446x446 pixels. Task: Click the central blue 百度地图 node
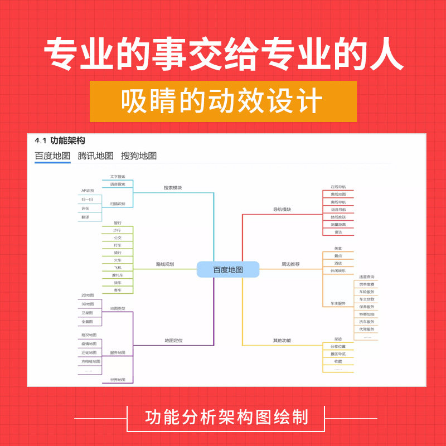[x=228, y=270]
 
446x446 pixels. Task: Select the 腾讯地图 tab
[x=95, y=156]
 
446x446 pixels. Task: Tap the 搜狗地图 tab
[x=139, y=156]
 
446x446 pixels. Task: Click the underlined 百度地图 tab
[x=52, y=156]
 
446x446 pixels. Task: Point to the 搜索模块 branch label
[x=173, y=188]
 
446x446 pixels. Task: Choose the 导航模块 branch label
[x=282, y=210]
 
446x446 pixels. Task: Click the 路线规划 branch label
[x=165, y=264]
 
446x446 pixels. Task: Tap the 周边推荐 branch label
[x=290, y=264]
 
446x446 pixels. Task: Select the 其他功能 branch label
[x=282, y=340]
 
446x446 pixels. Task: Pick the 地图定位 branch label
[x=173, y=340]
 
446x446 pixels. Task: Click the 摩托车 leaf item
[x=117, y=275]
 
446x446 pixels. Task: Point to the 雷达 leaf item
[x=338, y=231]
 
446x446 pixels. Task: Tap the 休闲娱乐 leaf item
[x=338, y=270]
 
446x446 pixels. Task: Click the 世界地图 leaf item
[x=118, y=380]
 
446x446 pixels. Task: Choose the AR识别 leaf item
[x=88, y=191]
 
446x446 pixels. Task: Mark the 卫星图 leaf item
[x=88, y=313]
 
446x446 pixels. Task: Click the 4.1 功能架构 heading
[x=60, y=141]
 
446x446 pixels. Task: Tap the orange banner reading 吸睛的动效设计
[x=223, y=101]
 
